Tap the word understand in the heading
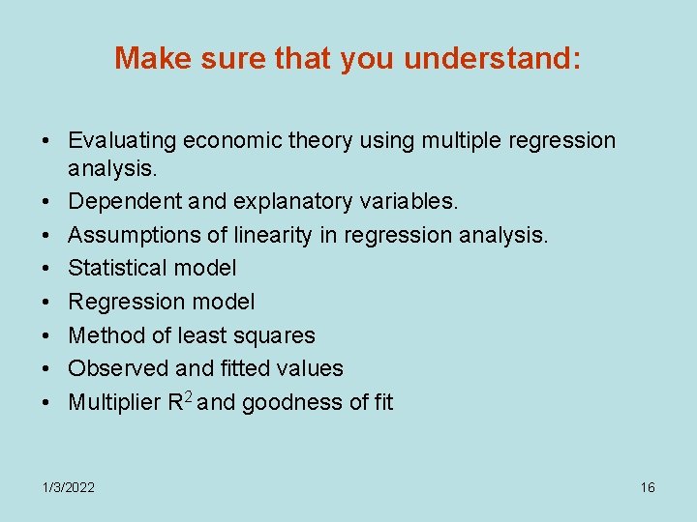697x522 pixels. coord(492,59)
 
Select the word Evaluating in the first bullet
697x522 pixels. coord(123,141)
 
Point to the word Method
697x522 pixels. coord(104,335)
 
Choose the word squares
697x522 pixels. coord(278,335)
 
